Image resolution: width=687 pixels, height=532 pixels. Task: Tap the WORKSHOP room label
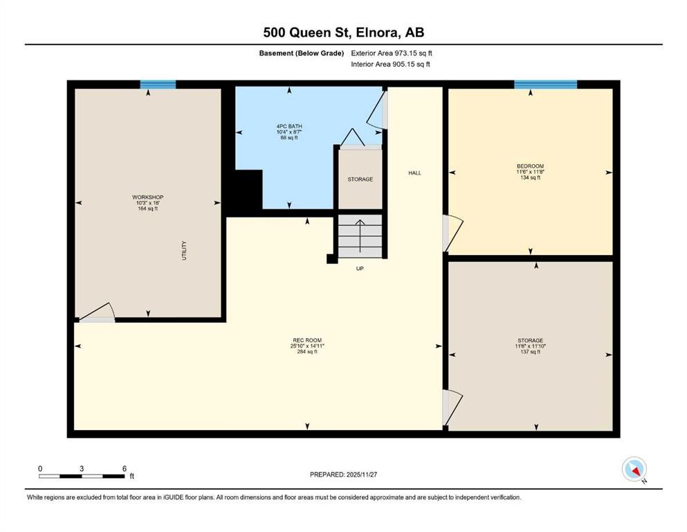click(147, 197)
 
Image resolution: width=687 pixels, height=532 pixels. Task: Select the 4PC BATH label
click(289, 126)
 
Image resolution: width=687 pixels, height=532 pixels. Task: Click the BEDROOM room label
click(530, 166)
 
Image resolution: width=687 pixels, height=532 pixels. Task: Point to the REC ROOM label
click(307, 340)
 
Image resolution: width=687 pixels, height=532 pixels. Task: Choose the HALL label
click(414, 173)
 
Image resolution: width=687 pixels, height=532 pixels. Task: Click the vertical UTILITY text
click(184, 251)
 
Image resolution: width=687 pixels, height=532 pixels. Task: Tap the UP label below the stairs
click(360, 268)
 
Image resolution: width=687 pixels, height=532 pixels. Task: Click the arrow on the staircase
click(360, 236)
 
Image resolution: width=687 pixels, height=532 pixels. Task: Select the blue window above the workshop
click(158, 85)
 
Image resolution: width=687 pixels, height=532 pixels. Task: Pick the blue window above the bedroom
click(545, 85)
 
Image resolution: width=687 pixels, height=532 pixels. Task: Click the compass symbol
click(634, 469)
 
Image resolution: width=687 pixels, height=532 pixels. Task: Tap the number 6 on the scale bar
click(125, 468)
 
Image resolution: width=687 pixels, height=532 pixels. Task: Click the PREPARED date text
click(343, 475)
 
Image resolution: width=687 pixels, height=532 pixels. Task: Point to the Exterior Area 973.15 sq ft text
click(392, 53)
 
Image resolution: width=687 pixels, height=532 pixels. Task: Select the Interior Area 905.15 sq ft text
click(390, 64)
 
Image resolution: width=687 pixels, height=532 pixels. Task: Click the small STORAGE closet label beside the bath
click(360, 179)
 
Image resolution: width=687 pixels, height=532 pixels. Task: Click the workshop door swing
click(98, 310)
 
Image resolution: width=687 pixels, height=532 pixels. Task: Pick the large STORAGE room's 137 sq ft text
click(530, 352)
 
